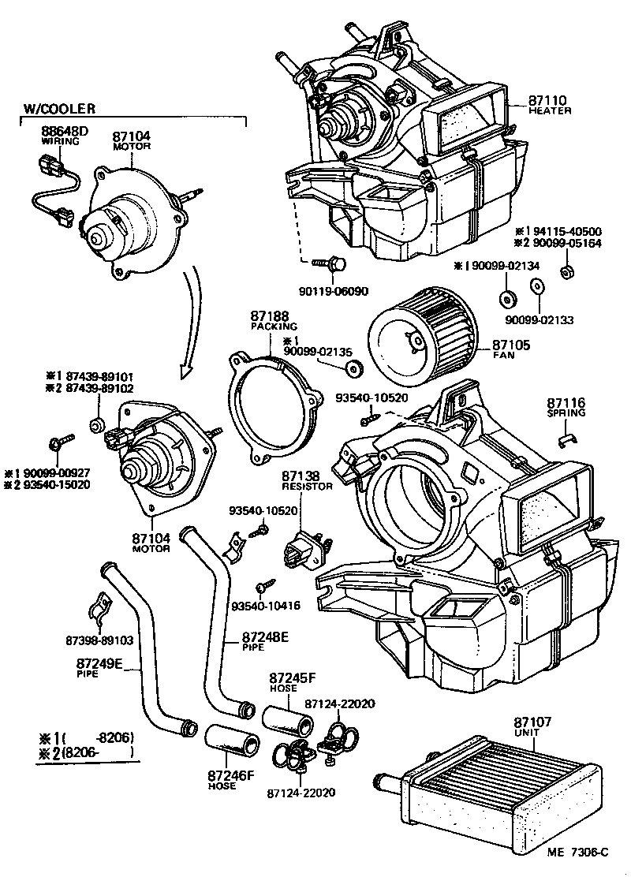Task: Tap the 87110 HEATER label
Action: point(550,104)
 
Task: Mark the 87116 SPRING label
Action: point(566,407)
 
